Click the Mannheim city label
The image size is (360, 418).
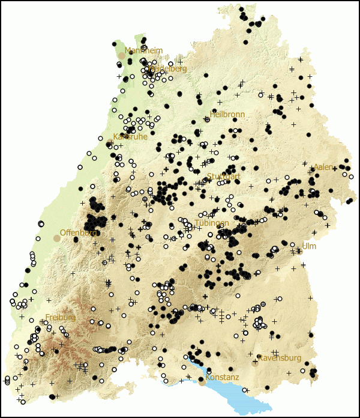[144, 51]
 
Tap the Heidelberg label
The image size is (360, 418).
[168, 69]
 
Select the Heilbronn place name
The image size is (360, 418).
[227, 114]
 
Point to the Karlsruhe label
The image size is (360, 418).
[130, 137]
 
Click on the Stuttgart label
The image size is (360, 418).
[223, 177]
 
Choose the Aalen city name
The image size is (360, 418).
[323, 167]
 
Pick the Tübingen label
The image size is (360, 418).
[212, 223]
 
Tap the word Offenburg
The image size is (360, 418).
[79, 232]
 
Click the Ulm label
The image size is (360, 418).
[308, 246]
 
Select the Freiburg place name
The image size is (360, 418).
[60, 317]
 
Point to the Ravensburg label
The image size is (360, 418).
[279, 358]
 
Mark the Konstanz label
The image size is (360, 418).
[222, 378]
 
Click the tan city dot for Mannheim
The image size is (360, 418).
[122, 55]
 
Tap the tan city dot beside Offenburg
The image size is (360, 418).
[57, 238]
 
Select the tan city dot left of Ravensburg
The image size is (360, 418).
[255, 362]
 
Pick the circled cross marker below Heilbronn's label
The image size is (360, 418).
[207, 120]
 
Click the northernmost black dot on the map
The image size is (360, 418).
[242, 10]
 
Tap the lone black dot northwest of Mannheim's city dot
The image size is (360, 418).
[114, 44]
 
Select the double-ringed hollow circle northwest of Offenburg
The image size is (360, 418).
[41, 224]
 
